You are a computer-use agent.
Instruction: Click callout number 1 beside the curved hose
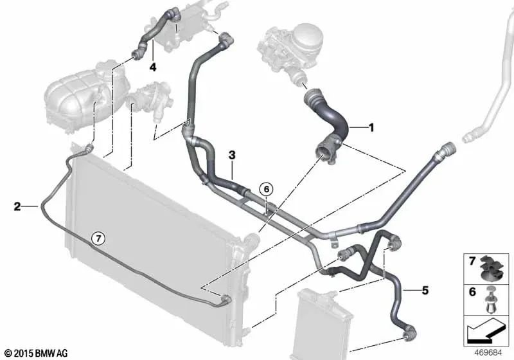371,128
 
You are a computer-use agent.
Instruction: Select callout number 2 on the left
17,206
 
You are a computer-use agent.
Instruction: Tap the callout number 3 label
232,155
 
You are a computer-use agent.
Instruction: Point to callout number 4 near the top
153,66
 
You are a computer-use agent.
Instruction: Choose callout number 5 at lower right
425,291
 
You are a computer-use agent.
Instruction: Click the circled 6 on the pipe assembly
266,188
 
